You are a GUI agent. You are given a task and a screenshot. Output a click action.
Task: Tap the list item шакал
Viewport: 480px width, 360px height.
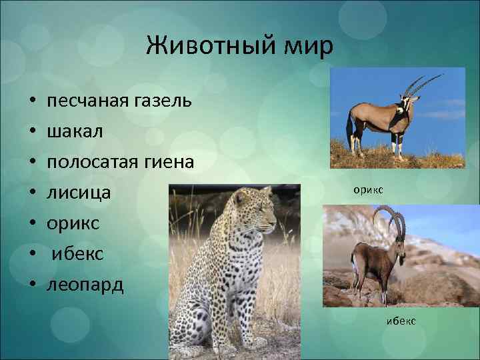tap(75, 132)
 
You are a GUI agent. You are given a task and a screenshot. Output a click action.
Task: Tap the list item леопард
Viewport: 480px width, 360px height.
tap(85, 285)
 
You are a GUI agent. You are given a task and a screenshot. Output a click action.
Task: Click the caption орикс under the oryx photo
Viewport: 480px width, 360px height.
tap(369, 190)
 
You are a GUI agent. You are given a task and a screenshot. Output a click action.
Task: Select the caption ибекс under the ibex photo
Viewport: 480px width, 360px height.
tap(401, 321)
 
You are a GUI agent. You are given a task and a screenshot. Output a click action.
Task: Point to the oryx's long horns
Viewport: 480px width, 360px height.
tap(424, 85)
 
